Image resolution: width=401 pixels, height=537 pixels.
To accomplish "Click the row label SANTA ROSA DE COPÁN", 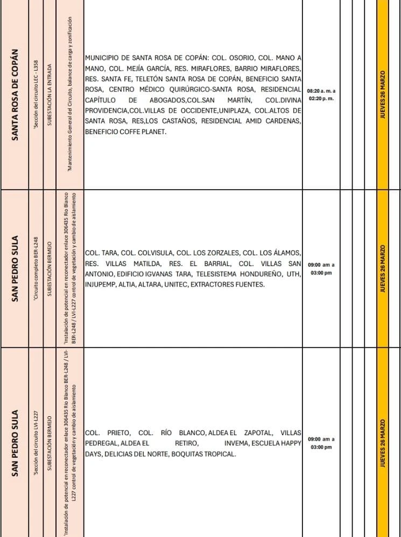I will pos(17,95).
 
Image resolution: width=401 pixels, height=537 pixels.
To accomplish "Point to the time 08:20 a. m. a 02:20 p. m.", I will pos(321,95).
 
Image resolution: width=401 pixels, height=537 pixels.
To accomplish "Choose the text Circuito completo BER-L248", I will pos(34,269).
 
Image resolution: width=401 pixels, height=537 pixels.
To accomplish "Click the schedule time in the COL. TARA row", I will pos(321,269).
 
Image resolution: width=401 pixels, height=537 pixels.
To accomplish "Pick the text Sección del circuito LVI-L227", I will pos(34,443).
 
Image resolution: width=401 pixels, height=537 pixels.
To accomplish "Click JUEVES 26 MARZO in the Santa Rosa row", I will pos(383,95).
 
